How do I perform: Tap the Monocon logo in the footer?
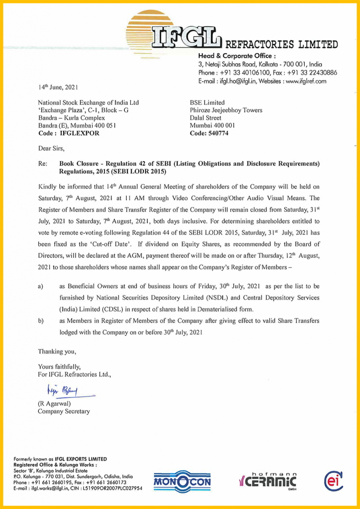pyautogui.click(x=182, y=481)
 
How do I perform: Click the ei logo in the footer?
pyautogui.click(x=332, y=480)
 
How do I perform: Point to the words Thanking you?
pyautogui.click(x=57, y=351)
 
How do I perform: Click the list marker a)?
pyautogui.click(x=41, y=287)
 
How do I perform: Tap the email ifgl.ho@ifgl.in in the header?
pyautogui.click(x=234, y=81)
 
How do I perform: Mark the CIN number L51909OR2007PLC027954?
pyautogui.click(x=113, y=488)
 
